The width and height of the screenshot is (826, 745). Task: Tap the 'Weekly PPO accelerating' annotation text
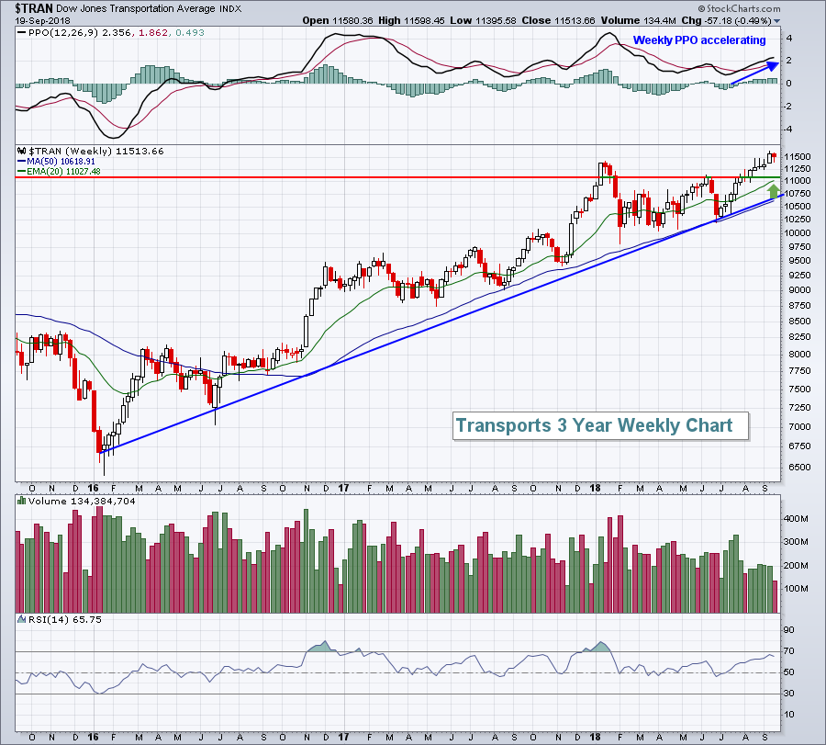tap(699, 40)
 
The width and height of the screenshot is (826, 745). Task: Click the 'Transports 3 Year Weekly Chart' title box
tap(594, 425)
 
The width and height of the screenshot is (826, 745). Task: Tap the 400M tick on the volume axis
tap(795, 519)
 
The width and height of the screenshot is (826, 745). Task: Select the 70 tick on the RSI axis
tap(788, 652)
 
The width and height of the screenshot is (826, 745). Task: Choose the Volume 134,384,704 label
tap(70, 502)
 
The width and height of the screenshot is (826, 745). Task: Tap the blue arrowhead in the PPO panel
tap(772, 64)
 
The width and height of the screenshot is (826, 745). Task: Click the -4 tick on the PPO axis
tap(788, 129)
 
